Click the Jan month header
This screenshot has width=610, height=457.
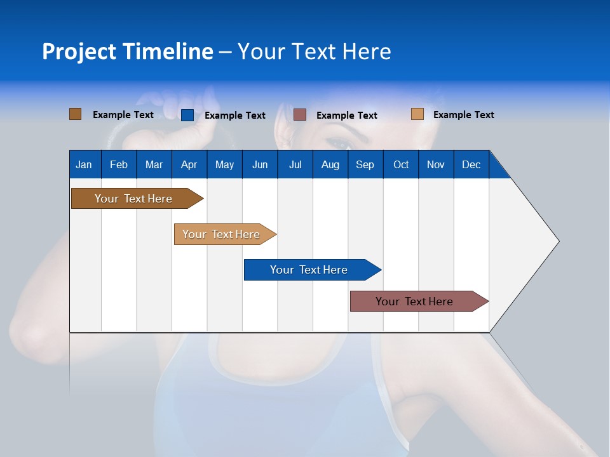pyautogui.click(x=84, y=164)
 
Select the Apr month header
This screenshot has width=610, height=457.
pyautogui.click(x=189, y=164)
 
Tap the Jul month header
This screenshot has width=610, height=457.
pyautogui.click(x=295, y=164)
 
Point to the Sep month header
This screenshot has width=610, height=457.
pyautogui.click(x=365, y=164)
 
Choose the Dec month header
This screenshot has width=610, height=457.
pyautogui.click(x=471, y=164)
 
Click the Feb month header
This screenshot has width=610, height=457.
pyautogui.click(x=119, y=164)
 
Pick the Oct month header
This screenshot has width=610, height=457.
pyautogui.click(x=401, y=164)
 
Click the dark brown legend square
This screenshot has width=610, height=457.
pyautogui.click(x=75, y=114)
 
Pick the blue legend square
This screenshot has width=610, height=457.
pyautogui.click(x=187, y=115)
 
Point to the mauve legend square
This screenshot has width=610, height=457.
pyautogui.click(x=300, y=115)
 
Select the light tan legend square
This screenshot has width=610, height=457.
pyautogui.click(x=417, y=114)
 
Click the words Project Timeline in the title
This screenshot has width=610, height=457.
pyautogui.click(x=127, y=51)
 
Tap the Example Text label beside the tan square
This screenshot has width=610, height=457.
pyautogui.click(x=463, y=115)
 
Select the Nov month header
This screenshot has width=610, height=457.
pyautogui.click(x=436, y=164)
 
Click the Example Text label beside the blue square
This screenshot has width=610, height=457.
pyautogui.click(x=234, y=116)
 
